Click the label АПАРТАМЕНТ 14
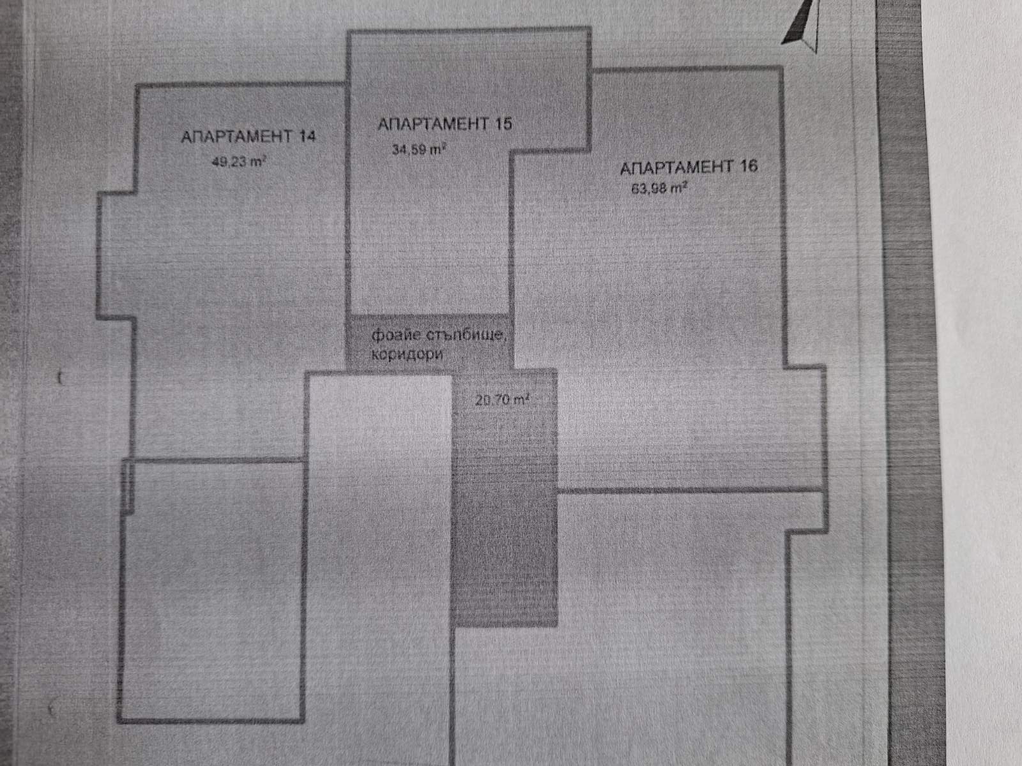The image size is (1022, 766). [x=248, y=136]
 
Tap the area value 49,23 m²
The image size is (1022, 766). [x=238, y=161]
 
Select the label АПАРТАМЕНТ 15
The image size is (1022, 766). [x=445, y=123]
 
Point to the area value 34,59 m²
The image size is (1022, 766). [x=418, y=150]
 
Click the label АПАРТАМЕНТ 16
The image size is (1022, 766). [x=689, y=167]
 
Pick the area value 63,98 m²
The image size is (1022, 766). [x=659, y=189]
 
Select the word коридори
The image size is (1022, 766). [x=407, y=354]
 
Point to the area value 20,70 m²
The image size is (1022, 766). [x=502, y=400]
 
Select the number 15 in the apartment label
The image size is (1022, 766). [x=503, y=123]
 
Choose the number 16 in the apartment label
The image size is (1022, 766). [x=748, y=167]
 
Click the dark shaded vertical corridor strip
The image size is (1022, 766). [x=505, y=511]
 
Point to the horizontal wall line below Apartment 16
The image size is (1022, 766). [x=690, y=491]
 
